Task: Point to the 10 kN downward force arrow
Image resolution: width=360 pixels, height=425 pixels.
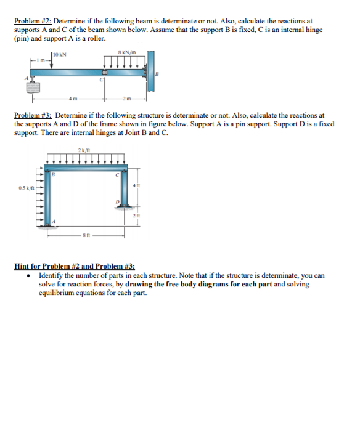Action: [51, 62]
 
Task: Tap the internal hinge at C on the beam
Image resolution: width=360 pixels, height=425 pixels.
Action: [105, 73]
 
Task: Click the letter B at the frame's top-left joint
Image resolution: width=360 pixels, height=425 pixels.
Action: [53, 174]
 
